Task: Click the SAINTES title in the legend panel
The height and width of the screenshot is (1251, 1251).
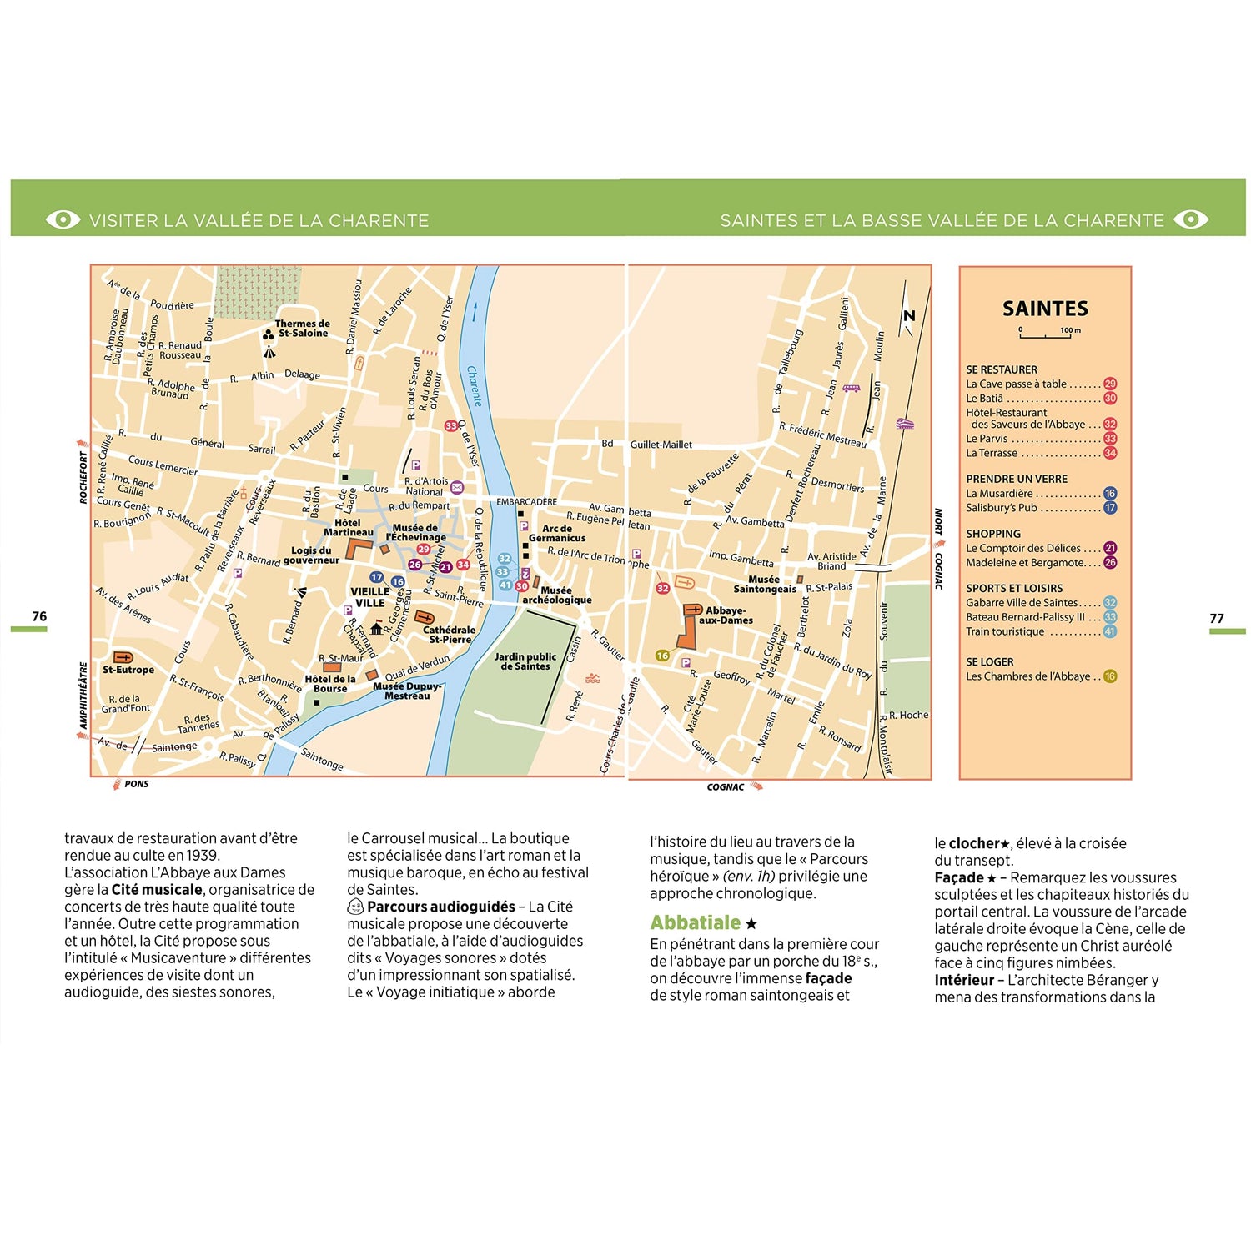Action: [1045, 309]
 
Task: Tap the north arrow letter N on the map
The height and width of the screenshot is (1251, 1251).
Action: [909, 315]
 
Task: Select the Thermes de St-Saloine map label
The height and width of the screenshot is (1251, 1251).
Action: [302, 329]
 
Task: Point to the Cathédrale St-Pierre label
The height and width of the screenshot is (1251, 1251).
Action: [450, 635]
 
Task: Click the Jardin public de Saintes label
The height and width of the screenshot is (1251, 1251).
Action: [525, 661]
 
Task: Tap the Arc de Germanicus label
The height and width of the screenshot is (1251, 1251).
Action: [557, 533]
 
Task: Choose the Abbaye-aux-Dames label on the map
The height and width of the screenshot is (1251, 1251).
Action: [726, 615]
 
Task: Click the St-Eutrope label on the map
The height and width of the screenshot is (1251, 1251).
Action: [128, 670]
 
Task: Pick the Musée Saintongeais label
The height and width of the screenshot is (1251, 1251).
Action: [765, 584]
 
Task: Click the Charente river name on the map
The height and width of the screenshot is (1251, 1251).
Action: [475, 385]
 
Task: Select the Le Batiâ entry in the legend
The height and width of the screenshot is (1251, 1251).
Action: [985, 399]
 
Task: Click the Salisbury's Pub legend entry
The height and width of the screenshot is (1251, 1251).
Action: [1002, 508]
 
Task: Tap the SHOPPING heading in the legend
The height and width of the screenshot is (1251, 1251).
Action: [993, 534]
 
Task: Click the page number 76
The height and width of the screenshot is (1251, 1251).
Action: [39, 616]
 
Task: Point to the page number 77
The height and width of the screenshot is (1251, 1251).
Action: [1217, 618]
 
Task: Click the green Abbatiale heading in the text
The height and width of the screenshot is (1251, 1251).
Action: [696, 922]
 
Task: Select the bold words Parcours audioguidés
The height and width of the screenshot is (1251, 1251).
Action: [440, 907]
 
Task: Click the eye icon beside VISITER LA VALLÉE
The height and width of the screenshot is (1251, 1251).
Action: [63, 219]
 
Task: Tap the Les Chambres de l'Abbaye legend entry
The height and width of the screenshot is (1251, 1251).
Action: [1027, 676]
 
